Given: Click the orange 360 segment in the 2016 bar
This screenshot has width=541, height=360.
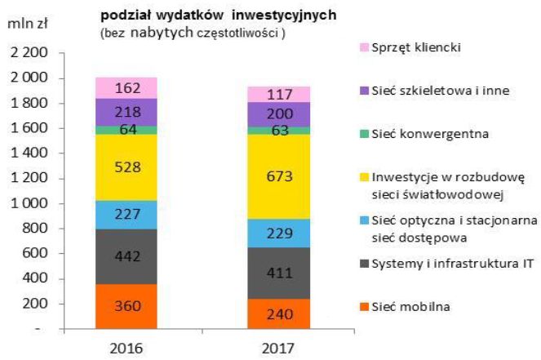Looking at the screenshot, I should click(126, 307).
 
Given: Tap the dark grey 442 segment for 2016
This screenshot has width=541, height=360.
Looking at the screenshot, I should click(126, 256).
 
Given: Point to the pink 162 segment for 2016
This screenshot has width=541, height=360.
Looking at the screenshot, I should click(126, 87).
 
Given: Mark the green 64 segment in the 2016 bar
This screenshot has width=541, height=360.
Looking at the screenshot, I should click(126, 130).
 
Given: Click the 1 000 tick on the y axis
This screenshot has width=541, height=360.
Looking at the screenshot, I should click(28, 203).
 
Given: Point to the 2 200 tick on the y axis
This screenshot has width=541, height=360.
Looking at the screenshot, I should click(28, 53).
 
